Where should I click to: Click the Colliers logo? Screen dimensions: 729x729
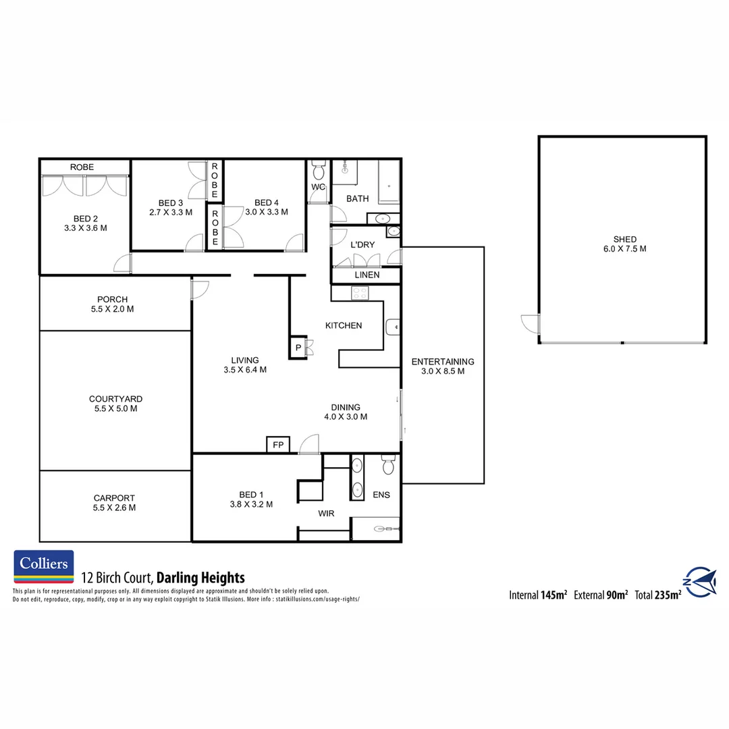point(44,566)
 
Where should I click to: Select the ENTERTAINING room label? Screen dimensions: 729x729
point(443,362)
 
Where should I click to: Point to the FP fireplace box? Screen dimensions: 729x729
point(277,445)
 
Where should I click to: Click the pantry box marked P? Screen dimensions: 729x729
point(298,348)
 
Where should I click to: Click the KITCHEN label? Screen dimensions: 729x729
point(344,325)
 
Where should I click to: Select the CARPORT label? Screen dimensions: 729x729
point(114,498)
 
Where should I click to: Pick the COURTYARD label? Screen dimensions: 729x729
point(115,399)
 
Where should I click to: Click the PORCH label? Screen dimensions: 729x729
point(112,300)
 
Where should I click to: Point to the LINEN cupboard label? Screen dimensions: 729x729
point(367,275)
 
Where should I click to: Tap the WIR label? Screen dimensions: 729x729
point(327,514)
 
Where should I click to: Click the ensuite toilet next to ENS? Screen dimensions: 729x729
point(388,466)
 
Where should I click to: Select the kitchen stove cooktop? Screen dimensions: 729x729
point(360,293)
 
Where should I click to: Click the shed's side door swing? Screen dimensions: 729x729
point(530,324)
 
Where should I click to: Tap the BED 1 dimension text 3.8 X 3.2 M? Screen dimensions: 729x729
point(250,504)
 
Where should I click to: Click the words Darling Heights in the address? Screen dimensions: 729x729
point(200,578)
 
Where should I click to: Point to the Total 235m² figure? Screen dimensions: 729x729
point(657,595)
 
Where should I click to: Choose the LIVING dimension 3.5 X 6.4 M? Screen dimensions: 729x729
point(245,370)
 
